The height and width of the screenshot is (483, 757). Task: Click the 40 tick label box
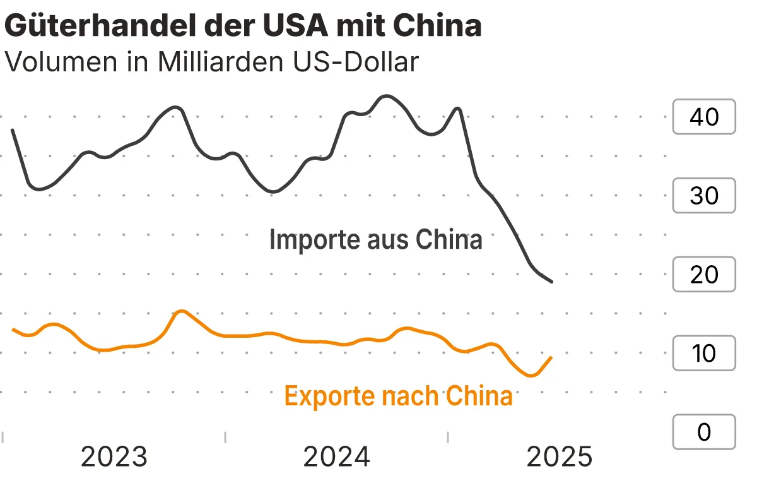click(x=704, y=117)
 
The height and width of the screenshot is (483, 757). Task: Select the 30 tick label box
click(x=704, y=196)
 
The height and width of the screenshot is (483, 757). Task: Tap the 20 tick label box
click(x=704, y=275)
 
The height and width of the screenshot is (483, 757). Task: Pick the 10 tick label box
click(x=704, y=354)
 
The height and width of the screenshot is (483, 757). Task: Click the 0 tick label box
click(x=704, y=432)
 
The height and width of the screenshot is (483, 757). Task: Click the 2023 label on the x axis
click(x=114, y=456)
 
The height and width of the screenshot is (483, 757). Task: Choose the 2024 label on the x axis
click(x=336, y=456)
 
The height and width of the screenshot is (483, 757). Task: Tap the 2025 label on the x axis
click(x=560, y=456)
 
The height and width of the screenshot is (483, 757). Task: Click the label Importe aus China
click(x=375, y=241)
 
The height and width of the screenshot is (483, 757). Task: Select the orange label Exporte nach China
click(x=398, y=397)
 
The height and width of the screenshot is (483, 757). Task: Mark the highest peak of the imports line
click(x=387, y=97)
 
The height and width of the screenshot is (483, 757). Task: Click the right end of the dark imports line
click(x=552, y=282)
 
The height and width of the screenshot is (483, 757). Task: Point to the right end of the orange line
click(x=551, y=357)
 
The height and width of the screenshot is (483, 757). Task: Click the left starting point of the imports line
click(x=13, y=129)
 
